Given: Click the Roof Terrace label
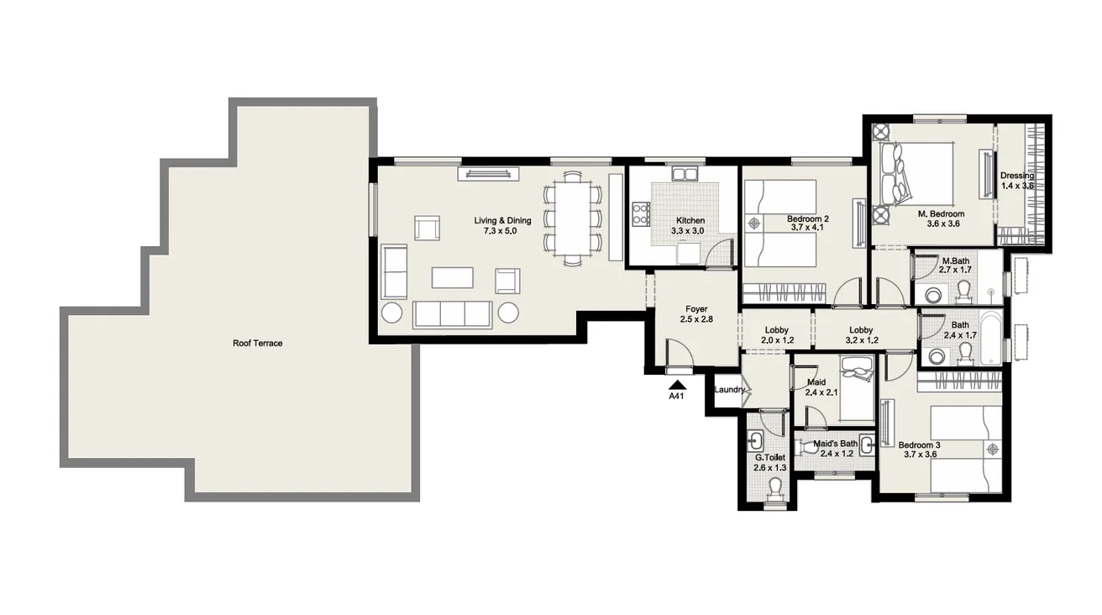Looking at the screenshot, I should (258, 343).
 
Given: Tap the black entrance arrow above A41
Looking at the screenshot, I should (674, 384).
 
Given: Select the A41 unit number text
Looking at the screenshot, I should (674, 397).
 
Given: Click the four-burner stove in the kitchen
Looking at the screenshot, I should (640, 214).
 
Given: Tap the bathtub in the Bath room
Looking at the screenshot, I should (990, 338).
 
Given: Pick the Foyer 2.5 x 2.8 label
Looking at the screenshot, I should (696, 314).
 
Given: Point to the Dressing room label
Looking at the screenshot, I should (1016, 181).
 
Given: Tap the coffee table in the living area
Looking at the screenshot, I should (452, 277).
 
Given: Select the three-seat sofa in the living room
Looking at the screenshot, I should (452, 313).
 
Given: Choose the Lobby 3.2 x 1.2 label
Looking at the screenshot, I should (861, 335).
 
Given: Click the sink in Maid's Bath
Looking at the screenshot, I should (867, 446).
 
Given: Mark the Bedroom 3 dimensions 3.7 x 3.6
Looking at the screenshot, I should (920, 455).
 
